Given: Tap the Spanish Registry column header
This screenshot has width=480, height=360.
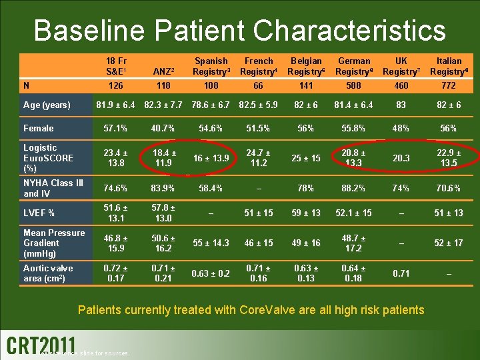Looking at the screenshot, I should (211, 66).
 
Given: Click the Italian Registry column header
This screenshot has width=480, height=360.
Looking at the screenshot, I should (449, 66).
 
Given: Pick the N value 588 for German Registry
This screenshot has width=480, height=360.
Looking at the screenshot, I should (354, 85).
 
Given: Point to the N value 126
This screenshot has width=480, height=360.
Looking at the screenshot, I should (115, 85).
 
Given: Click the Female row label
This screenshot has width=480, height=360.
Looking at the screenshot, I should (38, 128).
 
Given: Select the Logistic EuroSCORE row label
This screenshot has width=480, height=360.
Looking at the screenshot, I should (48, 158).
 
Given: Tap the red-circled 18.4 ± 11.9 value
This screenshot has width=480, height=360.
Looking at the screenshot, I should (163, 158).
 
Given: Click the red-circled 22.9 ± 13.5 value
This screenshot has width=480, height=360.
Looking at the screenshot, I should (449, 158).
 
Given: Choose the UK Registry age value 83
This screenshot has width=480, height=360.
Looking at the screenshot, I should (401, 105).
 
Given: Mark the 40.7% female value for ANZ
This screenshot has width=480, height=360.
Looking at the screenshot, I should (163, 128).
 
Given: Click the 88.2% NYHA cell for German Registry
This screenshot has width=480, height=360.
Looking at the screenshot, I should (354, 189).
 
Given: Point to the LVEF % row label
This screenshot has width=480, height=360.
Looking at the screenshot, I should (39, 213).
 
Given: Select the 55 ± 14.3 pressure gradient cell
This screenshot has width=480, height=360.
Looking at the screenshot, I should (211, 243).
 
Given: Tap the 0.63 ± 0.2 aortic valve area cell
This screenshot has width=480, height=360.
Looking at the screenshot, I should (211, 273).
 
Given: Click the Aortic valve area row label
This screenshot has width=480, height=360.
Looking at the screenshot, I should (48, 273).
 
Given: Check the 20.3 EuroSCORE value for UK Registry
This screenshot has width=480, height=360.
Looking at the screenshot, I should (401, 159).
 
